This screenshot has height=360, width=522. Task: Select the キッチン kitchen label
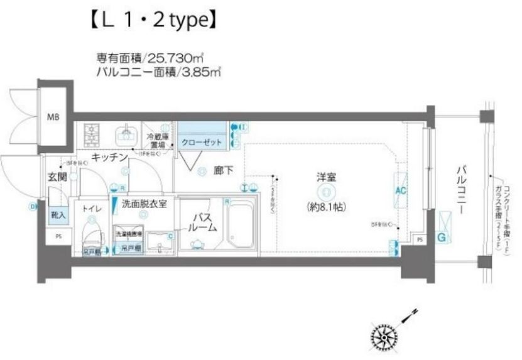click(x=109, y=157)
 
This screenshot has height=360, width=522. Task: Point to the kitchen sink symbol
click(x=126, y=133)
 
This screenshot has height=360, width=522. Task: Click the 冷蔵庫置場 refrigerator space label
click(x=156, y=139)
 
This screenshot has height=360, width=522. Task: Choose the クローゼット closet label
click(x=202, y=143)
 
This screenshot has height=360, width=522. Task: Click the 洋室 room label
click(x=325, y=177)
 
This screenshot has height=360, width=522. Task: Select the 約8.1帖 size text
click(x=325, y=206)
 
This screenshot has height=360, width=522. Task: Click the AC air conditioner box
click(x=400, y=190)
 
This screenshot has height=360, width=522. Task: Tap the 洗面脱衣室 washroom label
click(x=144, y=204)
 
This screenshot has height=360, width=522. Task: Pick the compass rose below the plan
click(x=383, y=336)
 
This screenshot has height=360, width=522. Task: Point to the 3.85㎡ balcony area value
click(x=201, y=72)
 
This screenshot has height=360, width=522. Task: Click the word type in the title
click(x=186, y=21)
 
